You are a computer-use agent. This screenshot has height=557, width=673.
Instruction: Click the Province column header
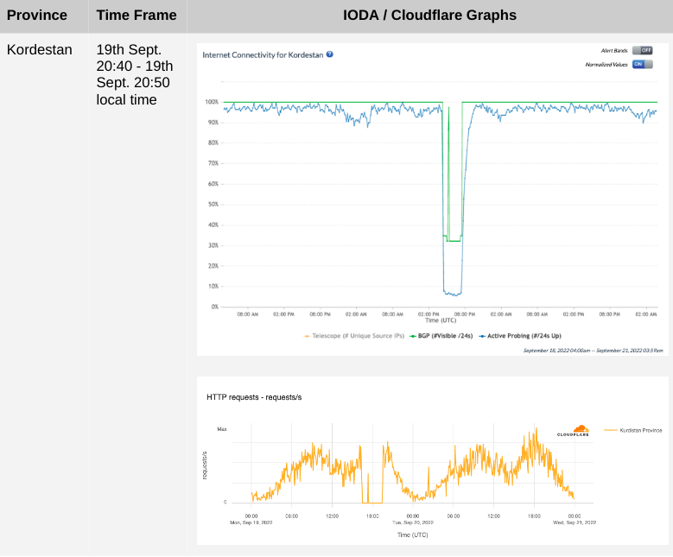pos(37,15)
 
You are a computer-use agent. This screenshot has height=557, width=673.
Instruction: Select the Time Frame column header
pos(137,15)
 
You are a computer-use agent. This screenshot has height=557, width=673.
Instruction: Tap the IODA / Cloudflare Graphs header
pos(429,15)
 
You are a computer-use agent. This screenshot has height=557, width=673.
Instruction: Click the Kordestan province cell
pos(40,49)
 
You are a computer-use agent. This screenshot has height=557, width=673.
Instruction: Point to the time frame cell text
pos(135,74)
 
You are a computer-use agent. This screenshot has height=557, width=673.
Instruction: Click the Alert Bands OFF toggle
pos(642,50)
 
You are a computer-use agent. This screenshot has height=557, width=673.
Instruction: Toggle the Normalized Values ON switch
pos(642,64)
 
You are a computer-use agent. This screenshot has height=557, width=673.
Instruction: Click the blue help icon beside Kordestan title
pos(330,54)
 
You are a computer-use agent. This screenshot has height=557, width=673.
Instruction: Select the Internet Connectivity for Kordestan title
pos(263,54)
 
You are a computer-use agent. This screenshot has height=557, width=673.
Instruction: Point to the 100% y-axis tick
pos(211,102)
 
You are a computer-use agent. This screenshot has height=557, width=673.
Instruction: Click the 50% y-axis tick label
pos(212,205)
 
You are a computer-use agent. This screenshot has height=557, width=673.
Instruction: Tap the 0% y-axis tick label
pos(213,307)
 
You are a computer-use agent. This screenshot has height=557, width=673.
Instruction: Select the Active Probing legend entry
pos(518,335)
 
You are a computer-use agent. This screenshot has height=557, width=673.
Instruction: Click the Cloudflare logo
pos(573,430)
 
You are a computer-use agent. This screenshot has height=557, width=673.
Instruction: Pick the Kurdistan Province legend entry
pos(634,429)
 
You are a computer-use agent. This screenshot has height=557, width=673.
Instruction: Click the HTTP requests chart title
pos(254,397)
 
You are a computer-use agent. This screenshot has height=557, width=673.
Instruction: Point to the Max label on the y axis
pos(222,429)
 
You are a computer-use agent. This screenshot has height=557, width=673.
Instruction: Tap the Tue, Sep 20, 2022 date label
pos(411,522)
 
